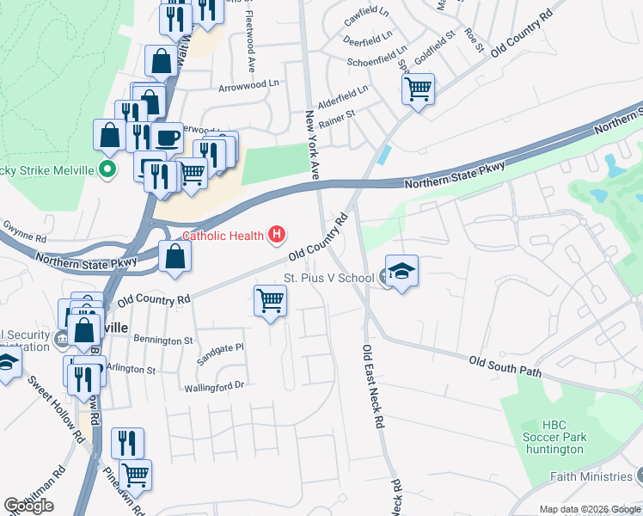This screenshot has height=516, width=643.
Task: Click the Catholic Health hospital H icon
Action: click(277, 233)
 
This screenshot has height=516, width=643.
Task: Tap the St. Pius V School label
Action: click(328, 278)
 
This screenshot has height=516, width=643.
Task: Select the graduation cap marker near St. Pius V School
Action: click(401, 271)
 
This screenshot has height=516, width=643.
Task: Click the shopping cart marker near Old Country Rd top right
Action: click(418, 88)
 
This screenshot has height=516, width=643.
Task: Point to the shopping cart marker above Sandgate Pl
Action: click(270, 301)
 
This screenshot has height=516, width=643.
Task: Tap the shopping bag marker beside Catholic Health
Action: click(175, 255)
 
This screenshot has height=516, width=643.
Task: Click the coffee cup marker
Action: click(167, 137)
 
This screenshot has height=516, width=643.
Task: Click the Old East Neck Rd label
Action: click(372, 387)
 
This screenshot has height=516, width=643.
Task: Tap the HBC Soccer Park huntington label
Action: click(564, 437)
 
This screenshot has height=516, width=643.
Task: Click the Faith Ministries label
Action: click(593, 476)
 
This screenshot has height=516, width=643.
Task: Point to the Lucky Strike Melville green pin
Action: click(107, 169)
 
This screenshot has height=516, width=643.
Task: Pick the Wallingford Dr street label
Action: click(215, 387)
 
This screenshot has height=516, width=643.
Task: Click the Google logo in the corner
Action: click(28, 506)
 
